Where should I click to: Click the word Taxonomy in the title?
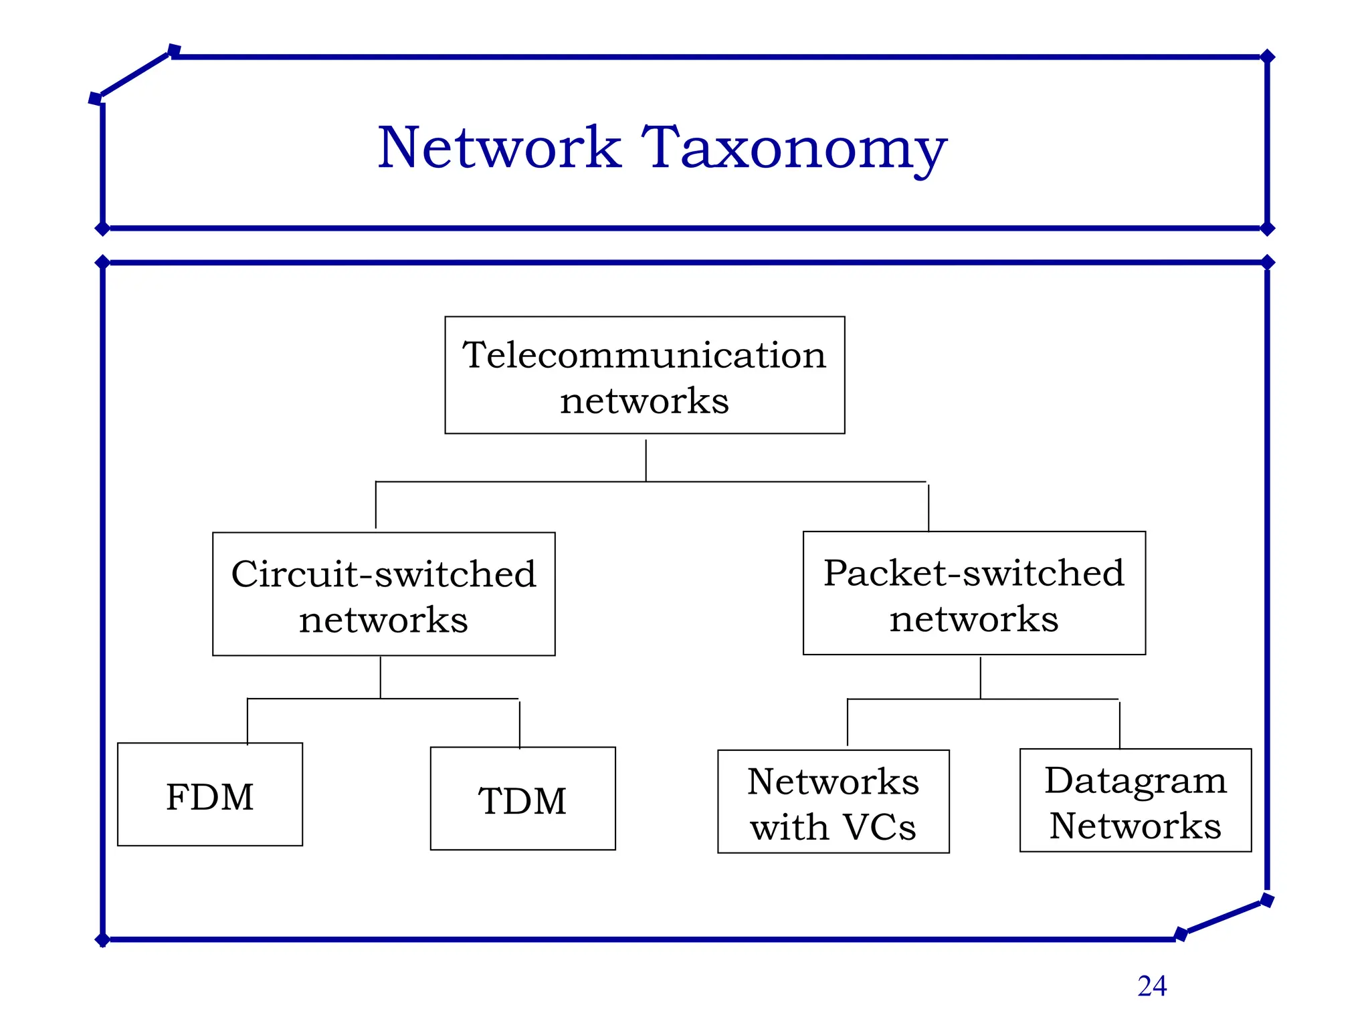pyautogui.click(x=794, y=148)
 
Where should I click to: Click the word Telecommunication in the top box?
pyautogui.click(x=644, y=354)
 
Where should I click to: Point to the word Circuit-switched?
pyautogui.click(x=383, y=574)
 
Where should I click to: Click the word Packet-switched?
pyautogui.click(x=973, y=573)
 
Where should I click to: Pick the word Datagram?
pyautogui.click(x=1135, y=780)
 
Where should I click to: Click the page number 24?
pyautogui.click(x=1152, y=986)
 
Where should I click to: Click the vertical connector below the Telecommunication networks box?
pyautogui.click(x=646, y=460)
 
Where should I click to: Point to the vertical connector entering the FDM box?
pyautogui.click(x=248, y=721)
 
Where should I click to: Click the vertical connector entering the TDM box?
pyautogui.click(x=520, y=723)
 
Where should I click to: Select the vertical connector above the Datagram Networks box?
pyautogui.click(x=1120, y=724)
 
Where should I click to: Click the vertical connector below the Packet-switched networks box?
pyautogui.click(x=981, y=677)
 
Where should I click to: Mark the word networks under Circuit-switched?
pyautogui.click(x=383, y=620)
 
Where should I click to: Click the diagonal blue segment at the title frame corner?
pyautogui.click(x=134, y=75)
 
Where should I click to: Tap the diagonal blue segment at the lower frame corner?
pyautogui.click(x=1224, y=917)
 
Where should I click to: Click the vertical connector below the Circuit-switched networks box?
pyautogui.click(x=381, y=677)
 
